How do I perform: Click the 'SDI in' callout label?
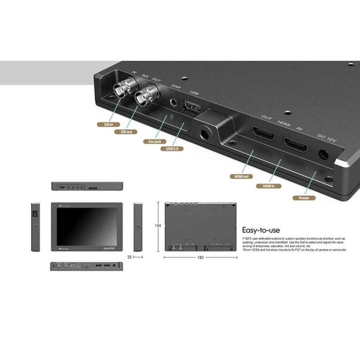tap(106, 124)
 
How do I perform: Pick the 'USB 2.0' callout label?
tap(172, 149)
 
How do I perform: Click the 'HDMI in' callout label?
tap(268, 186)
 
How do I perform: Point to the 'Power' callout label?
tap(304, 198)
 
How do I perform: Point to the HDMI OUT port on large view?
tap(262, 134)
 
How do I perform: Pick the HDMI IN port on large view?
tap(295, 145)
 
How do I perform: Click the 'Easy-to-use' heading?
tap(261, 230)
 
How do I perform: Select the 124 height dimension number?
tap(158, 226)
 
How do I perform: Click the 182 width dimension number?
tap(200, 257)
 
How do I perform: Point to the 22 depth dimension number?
tap(130, 257)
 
